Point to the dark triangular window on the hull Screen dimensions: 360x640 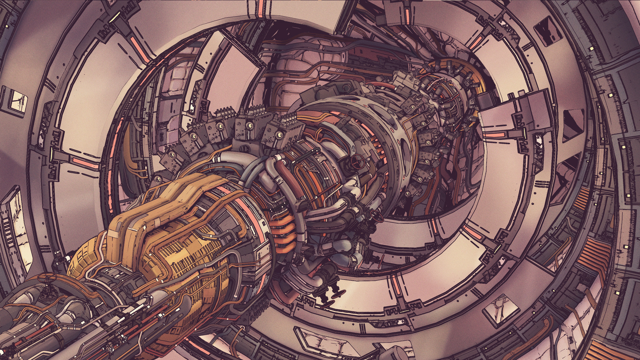tap(572, 125)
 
